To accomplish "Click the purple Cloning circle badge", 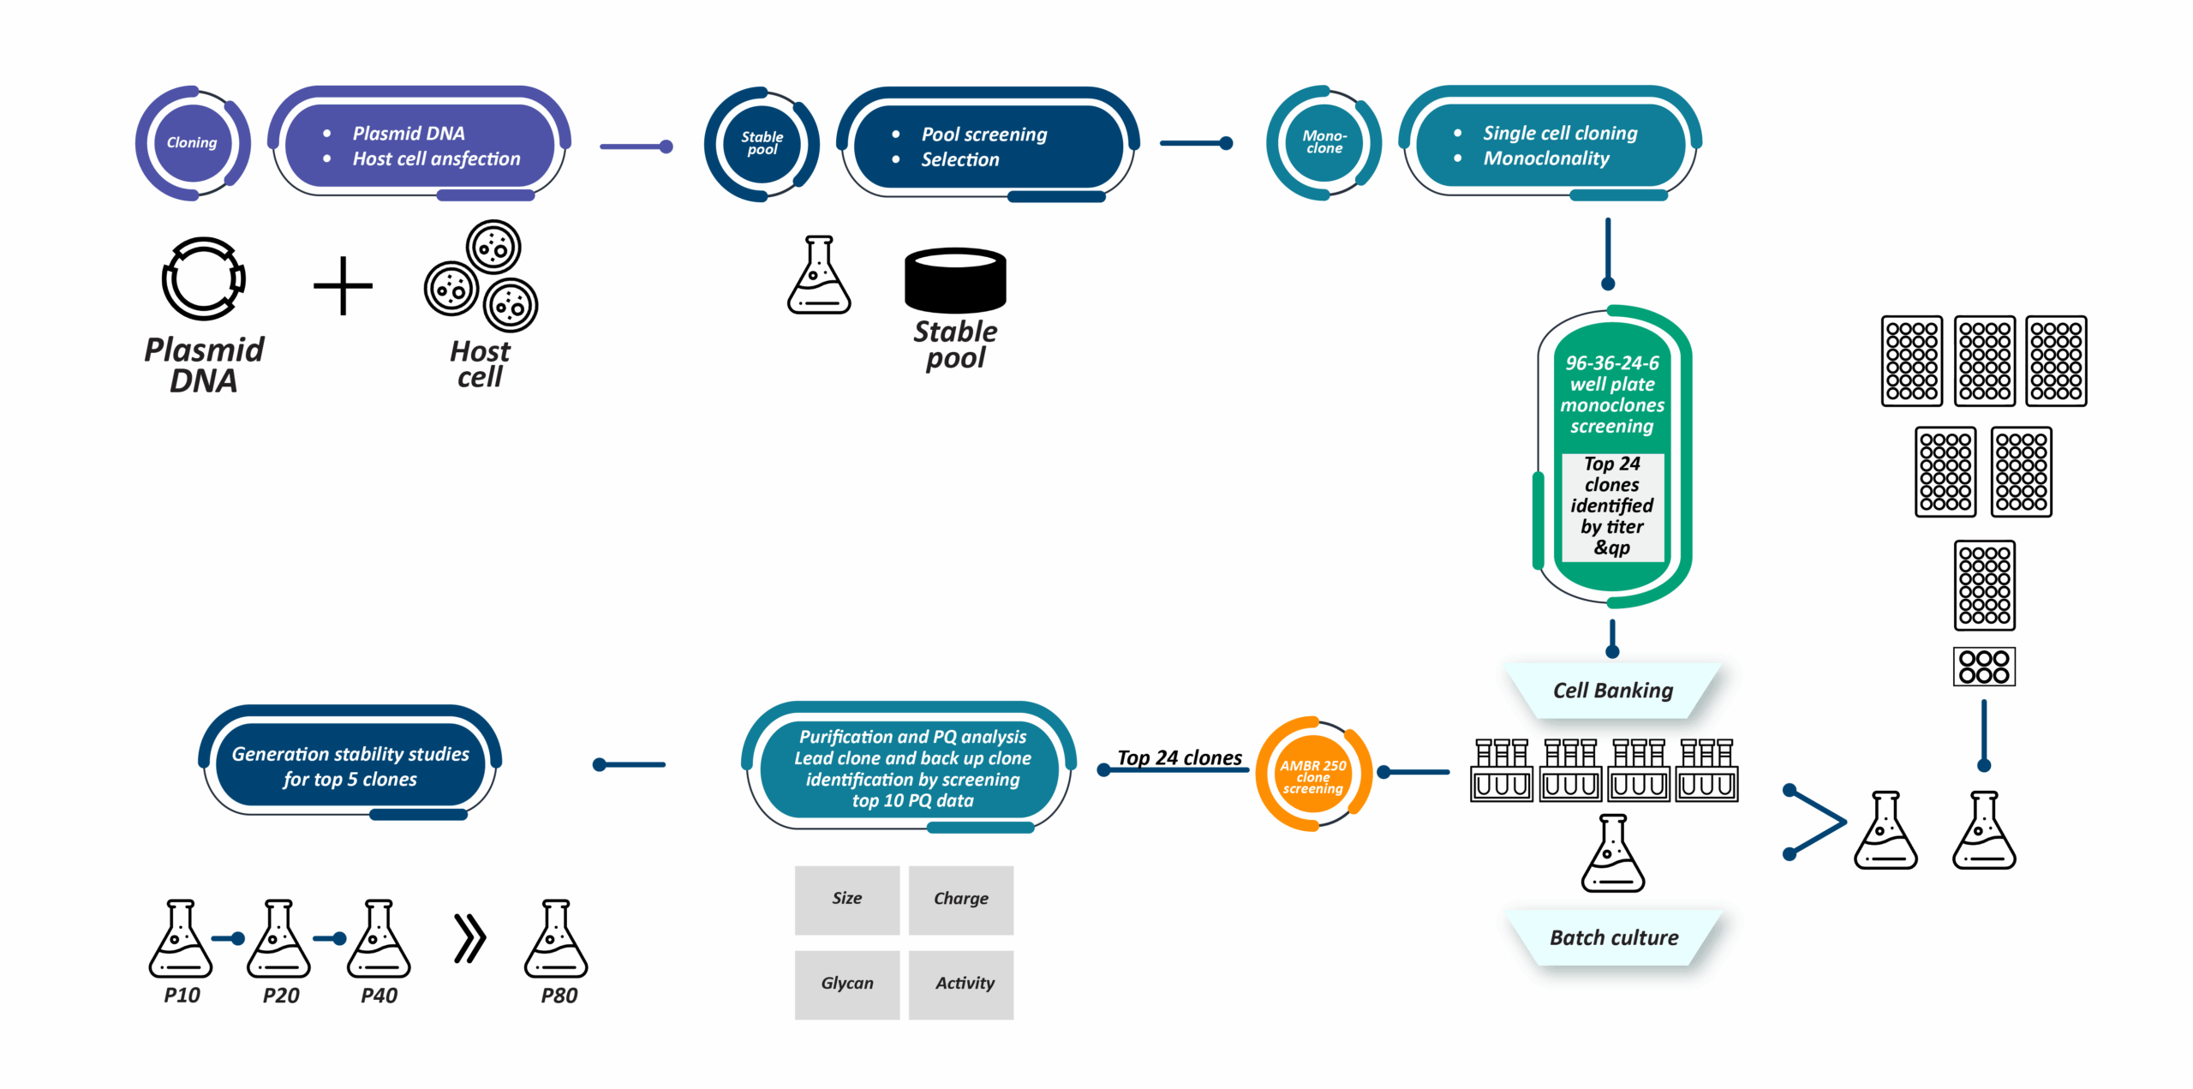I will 192,143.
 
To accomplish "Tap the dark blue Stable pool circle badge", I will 762,144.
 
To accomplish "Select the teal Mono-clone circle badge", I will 1324,143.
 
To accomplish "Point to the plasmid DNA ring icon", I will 204,278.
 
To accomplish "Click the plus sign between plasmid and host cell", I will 343,285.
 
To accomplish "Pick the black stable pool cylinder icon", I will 955,280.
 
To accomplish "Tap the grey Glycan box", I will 846,984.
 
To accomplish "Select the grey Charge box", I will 960,899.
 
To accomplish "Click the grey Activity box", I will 960,984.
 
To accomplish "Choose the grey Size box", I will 846,899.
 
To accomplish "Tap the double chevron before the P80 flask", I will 469,939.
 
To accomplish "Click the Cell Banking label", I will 1612,691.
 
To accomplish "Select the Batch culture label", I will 1613,937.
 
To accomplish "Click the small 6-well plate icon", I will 1984,667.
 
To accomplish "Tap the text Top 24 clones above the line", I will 1179,757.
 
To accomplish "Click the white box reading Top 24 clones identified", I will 1611,506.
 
